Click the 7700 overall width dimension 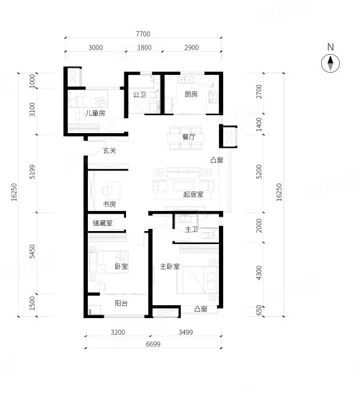pos(143,34)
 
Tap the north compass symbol pos(330,63)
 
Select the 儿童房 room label pos(95,113)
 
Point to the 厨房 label pos(191,94)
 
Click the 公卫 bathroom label pos(140,94)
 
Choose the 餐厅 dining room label pos(189,137)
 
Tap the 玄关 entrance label pos(109,150)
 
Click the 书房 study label pos(109,204)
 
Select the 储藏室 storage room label pos(102,223)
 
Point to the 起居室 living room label pos(193,194)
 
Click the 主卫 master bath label pos(192,229)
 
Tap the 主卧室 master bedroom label pos(170,266)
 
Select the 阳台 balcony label pos(122,303)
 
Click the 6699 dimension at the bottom pos(153,344)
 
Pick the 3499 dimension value pos(186,333)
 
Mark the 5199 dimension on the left pos(32,172)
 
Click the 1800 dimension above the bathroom pos(145,48)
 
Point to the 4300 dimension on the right pos(259,273)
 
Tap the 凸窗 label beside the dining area pos(217,160)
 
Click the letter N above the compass pos(330,47)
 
